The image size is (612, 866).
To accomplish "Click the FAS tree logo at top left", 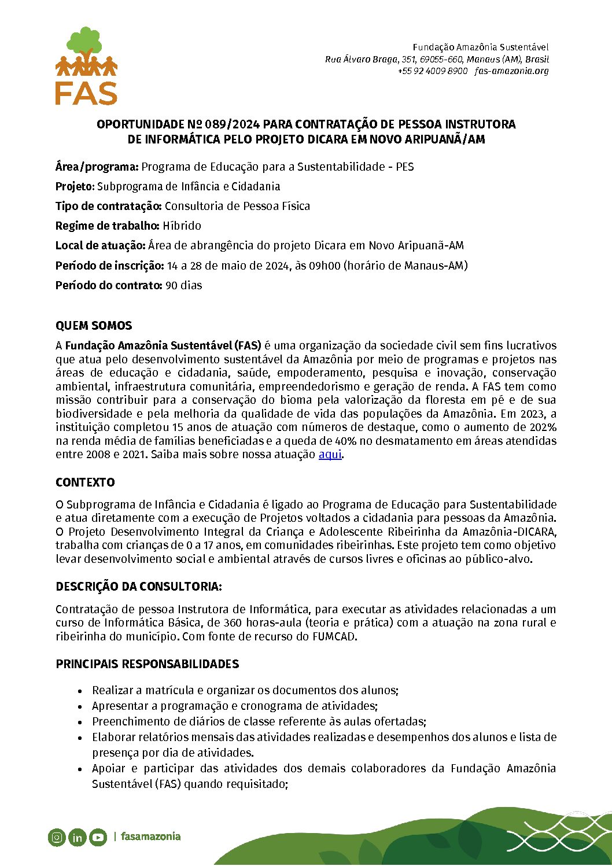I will tap(86, 65).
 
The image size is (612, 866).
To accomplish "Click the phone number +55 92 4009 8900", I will tap(432, 71).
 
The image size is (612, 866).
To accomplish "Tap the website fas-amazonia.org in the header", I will tap(511, 71).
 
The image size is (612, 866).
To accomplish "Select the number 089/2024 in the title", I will tap(230, 124).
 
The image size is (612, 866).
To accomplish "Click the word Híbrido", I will tap(182, 226).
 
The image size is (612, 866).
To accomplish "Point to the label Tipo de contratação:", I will tap(109, 206).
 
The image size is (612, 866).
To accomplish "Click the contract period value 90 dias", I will tap(184, 285).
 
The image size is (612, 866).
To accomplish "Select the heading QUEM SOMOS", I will tap(94, 326).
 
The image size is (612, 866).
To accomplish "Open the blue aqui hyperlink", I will tap(330, 455).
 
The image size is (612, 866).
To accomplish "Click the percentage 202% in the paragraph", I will tap(543, 428).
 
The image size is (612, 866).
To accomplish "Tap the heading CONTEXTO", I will tap(85, 482).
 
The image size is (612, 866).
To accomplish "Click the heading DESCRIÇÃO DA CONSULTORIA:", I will tap(139, 587).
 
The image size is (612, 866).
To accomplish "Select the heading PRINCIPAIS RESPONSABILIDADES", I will tap(147, 664).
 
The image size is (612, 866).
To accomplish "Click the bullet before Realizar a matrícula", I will tap(80, 691).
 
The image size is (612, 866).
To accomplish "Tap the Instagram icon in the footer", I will tap(57, 837).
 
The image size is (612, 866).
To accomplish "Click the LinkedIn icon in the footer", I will tap(77, 837).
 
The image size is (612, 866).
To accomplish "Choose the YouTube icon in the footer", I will tap(98, 837).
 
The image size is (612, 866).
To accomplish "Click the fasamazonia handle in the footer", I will tap(150, 836).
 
